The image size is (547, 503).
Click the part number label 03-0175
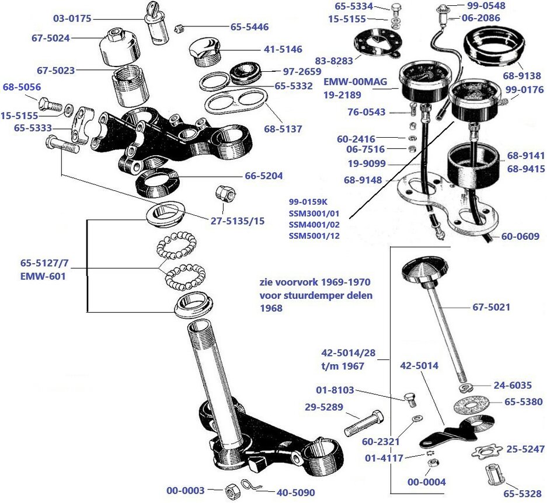[72, 19]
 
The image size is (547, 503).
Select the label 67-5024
[50, 39]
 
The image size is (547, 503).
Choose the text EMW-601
[44, 277]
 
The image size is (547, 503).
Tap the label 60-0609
[520, 236]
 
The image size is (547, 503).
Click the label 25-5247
[526, 449]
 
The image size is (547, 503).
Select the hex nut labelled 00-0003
[230, 491]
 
